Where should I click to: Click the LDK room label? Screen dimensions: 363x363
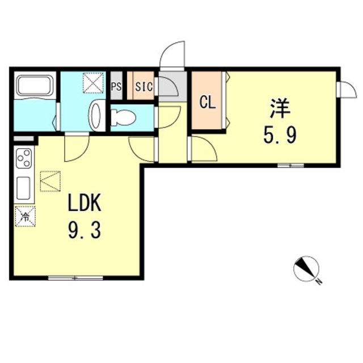(x=85, y=202)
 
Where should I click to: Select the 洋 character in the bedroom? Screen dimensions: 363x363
(x=280, y=108)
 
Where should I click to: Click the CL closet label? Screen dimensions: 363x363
(x=208, y=103)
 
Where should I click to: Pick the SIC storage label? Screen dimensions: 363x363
(x=144, y=87)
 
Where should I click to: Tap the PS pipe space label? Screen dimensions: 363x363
(x=116, y=87)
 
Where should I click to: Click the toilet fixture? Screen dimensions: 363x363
(x=123, y=117)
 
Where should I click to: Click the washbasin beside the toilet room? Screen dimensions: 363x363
(x=97, y=116)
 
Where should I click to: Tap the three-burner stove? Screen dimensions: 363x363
(x=24, y=159)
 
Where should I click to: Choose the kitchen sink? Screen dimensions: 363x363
(x=23, y=188)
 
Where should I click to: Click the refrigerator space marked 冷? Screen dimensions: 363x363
(x=25, y=216)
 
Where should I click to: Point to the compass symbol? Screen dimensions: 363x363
(x=306, y=269)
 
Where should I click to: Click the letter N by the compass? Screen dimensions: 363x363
(x=319, y=282)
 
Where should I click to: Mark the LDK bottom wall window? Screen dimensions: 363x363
(x=75, y=277)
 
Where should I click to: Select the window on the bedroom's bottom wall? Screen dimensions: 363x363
(x=291, y=165)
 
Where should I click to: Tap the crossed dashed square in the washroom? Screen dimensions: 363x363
(x=93, y=83)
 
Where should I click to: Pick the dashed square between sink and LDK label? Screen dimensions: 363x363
(x=50, y=181)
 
